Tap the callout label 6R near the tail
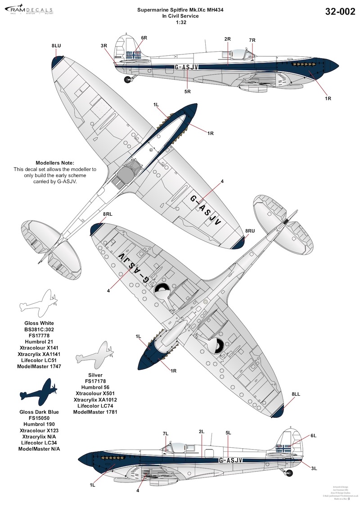[x=144, y=38]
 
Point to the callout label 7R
[x=252, y=41]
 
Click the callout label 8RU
[x=250, y=231]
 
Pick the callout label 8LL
[x=296, y=394]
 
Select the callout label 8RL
[x=108, y=215]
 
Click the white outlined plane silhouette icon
[x=37, y=302]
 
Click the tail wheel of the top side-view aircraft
[x=129, y=80]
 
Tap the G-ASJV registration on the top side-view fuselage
[x=185, y=67]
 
